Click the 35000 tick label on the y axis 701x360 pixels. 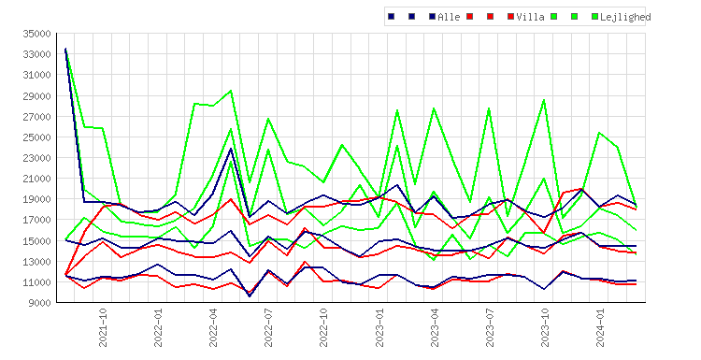click(x=38, y=34)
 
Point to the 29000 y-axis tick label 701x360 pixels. click(x=38, y=95)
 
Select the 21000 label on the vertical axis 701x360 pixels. click(x=38, y=179)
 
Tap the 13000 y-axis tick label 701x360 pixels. click(x=38, y=262)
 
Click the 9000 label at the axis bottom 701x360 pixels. click(x=40, y=303)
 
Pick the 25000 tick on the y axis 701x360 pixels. click(x=38, y=137)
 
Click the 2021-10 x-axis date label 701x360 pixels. click(x=103, y=327)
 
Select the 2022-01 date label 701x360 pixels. click(x=158, y=327)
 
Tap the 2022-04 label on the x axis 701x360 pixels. click(x=213, y=327)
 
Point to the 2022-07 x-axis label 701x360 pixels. click(x=268, y=327)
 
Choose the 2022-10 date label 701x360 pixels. click(x=323, y=327)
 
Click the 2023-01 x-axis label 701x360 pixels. click(x=379, y=327)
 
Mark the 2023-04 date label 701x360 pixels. click(x=435, y=327)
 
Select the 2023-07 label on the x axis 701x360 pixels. click(x=490, y=327)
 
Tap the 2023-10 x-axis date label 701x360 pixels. click(x=546, y=327)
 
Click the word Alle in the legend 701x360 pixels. click(x=449, y=17)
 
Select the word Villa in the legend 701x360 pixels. click(x=530, y=17)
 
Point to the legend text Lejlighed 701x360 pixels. click(x=625, y=17)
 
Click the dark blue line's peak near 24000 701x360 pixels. click(x=231, y=149)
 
